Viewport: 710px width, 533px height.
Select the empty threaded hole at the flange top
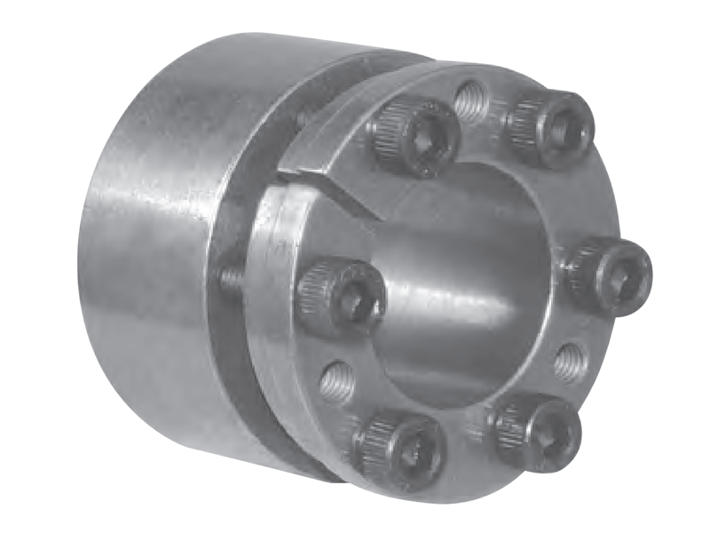(x=471, y=101)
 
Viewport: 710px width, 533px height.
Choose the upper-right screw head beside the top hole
(x=550, y=129)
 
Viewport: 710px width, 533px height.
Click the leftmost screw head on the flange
(x=341, y=298)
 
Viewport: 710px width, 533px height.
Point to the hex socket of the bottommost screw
(x=410, y=453)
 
